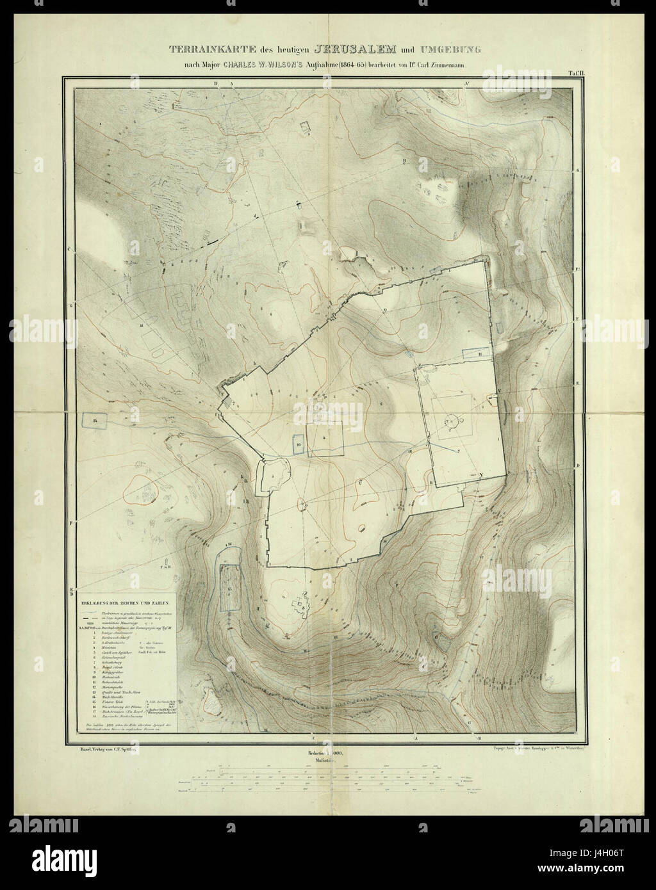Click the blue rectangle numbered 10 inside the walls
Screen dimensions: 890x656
coord(298,443)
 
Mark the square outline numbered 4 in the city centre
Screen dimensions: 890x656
coord(325,439)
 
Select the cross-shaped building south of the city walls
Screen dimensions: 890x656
coord(299,604)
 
